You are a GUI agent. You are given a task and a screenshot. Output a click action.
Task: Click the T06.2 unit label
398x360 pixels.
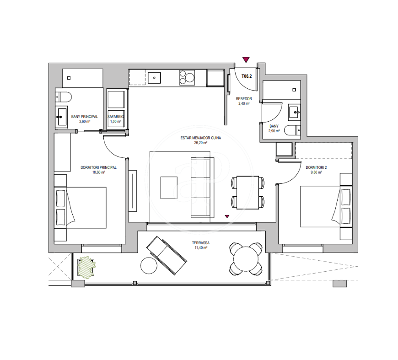pos(247,76)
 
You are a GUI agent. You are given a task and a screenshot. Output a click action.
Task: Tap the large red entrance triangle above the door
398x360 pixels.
pos(246,59)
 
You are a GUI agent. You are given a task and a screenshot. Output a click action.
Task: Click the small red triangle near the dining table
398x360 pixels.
pos(227,216)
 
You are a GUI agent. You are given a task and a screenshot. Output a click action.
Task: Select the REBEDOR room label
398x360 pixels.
pos(244,99)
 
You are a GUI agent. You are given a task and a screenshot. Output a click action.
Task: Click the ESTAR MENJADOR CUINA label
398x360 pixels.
pos(200,138)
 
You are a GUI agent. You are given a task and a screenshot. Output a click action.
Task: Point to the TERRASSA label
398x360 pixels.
pos(201,243)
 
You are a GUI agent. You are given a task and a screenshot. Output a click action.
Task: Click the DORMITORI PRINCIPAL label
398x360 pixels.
pos(98,167)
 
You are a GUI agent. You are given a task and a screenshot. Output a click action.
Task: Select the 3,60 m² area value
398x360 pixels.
pos(85,122)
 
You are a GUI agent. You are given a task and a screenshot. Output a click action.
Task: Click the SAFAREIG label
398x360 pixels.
pos(115,117)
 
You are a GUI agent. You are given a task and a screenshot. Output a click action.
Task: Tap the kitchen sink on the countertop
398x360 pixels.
pos(154,78)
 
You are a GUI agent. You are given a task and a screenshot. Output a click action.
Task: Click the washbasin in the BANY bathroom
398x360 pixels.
pos(294,113)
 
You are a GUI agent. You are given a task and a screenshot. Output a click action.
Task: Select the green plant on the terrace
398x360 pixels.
pos(86,267)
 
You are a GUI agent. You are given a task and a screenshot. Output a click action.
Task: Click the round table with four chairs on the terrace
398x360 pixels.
pos(246,259)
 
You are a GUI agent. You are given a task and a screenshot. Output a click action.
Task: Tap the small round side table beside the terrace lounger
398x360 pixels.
pos(149,266)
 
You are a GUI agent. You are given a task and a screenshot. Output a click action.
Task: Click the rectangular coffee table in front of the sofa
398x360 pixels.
pos(169,188)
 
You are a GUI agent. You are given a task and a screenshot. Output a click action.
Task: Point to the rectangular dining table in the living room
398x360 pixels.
pos(247,193)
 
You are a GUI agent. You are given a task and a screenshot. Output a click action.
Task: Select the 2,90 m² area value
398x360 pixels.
pos(274,131)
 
